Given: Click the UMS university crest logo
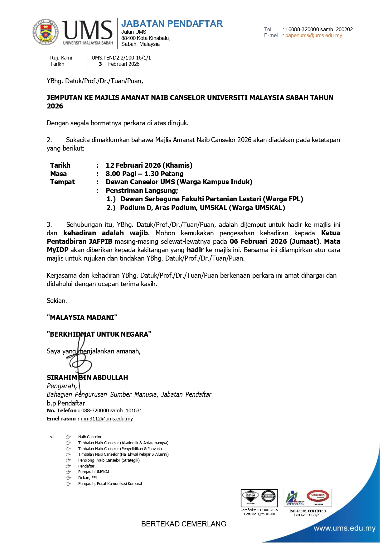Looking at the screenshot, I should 46,32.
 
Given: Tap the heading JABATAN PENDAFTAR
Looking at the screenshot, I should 172,24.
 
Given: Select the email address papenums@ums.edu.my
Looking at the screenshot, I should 313,36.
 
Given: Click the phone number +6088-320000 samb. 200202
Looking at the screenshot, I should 319,29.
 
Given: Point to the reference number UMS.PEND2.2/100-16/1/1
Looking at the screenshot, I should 121,58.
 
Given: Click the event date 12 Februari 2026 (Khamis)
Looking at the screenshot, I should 149,165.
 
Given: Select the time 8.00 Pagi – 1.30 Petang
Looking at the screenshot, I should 144,174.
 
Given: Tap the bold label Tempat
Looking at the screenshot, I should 62,182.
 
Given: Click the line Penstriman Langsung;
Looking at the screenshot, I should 142,190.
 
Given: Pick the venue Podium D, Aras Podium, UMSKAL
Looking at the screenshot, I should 202,208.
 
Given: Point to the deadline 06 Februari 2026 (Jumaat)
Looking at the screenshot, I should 274,241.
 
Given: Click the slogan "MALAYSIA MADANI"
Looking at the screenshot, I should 82,317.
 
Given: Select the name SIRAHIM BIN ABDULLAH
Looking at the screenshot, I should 87,377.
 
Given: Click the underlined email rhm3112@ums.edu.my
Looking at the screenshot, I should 107,419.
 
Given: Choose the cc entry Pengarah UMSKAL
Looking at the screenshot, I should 94,472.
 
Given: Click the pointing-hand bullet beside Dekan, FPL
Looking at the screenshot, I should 68,478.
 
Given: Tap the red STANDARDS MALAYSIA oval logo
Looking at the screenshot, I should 317,496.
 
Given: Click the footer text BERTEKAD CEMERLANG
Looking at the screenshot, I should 184,524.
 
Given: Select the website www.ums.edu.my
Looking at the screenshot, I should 344,528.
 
